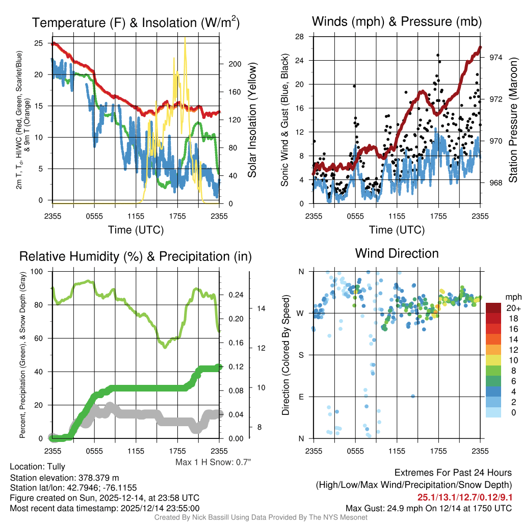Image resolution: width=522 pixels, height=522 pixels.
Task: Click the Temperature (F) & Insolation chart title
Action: [x=136, y=22]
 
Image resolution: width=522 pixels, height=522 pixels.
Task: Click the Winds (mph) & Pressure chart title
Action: [x=397, y=21]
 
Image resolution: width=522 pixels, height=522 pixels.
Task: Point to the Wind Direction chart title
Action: [x=397, y=253]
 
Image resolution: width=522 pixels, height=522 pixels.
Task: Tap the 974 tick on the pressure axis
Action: [x=495, y=58]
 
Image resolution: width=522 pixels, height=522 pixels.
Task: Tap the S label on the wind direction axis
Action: [x=301, y=355]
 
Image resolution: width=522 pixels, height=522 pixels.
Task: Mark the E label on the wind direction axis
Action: [x=301, y=397]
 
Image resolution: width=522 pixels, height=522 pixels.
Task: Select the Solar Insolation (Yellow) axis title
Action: [x=252, y=120]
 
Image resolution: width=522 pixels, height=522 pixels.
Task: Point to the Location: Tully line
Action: [x=37, y=466]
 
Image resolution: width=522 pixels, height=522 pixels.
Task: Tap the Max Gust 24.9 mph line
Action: [x=428, y=508]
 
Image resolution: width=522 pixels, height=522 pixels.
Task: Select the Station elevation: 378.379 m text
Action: [x=64, y=478]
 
